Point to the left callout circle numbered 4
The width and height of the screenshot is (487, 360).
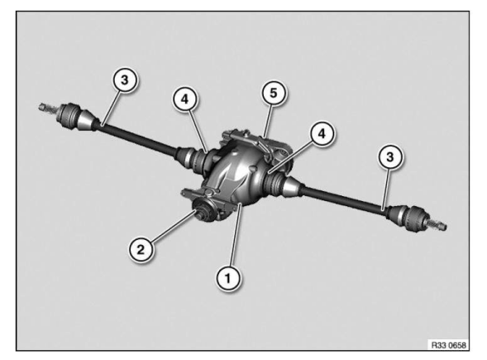[x=186, y=100]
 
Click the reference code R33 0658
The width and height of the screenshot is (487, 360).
[x=451, y=343]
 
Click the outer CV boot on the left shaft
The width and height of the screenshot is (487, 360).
[x=79, y=115]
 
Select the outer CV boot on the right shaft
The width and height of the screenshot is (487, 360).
[x=410, y=216]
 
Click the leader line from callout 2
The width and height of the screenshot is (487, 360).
[x=170, y=232]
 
